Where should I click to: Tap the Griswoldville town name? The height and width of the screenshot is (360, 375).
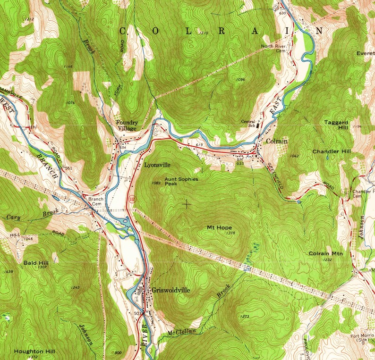(170, 290)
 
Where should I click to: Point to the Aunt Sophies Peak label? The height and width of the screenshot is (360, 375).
(181, 182)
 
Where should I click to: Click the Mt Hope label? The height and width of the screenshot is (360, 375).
(220, 227)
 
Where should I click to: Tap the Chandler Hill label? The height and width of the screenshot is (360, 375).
(332, 151)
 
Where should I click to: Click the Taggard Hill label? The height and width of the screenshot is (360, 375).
(336, 125)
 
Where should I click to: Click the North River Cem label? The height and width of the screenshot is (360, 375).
(277, 49)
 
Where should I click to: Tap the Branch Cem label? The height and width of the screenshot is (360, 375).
(96, 201)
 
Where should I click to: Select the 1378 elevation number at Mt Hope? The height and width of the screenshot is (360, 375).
(231, 233)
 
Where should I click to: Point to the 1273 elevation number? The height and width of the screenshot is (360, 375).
(245, 316)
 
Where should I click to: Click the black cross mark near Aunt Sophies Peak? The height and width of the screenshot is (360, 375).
(187, 204)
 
